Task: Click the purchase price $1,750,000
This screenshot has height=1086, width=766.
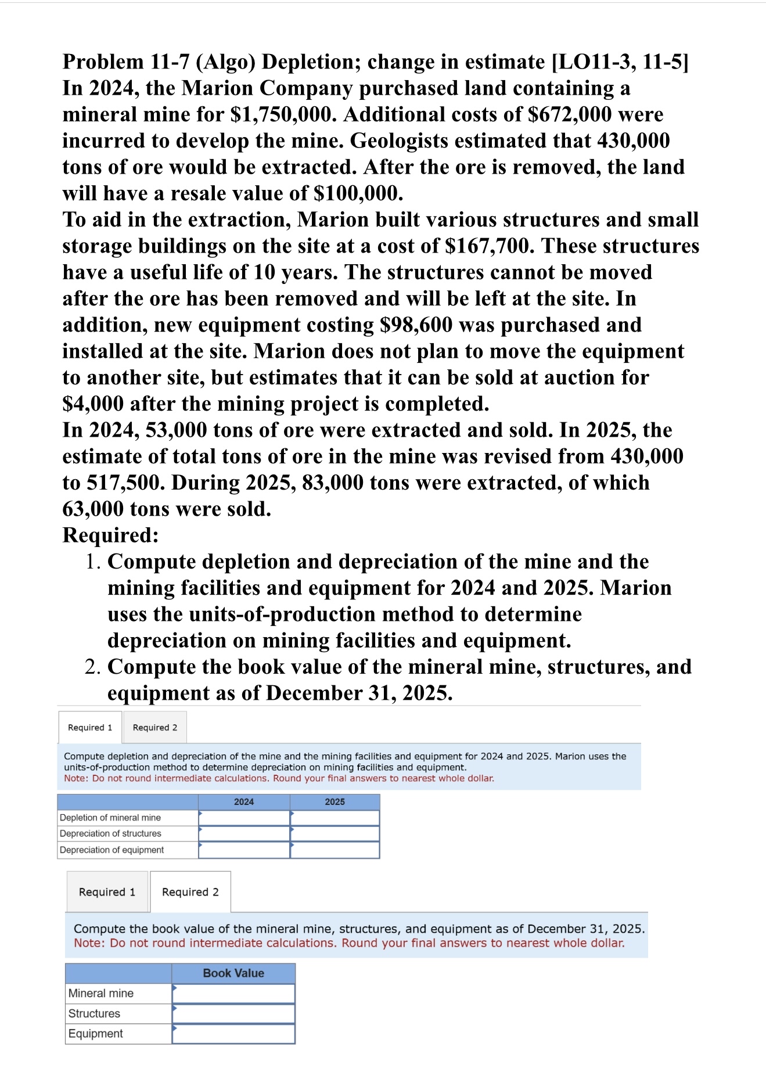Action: pos(283,115)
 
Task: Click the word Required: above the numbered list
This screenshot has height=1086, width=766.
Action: pos(110,535)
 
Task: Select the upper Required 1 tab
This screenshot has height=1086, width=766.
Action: pos(90,728)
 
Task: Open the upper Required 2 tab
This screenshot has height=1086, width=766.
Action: pos(155,728)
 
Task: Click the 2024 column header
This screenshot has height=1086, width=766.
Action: pos(244,802)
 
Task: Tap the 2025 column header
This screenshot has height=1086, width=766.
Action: pos(335,802)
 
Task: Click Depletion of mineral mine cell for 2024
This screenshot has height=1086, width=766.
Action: pos(244,818)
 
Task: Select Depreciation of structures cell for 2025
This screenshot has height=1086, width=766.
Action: pos(335,833)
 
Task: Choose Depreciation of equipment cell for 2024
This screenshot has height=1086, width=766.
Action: pos(244,850)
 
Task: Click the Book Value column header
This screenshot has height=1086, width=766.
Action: pos(233,973)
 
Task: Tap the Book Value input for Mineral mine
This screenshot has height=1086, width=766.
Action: pos(233,994)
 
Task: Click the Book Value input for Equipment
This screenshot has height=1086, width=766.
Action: pos(233,1034)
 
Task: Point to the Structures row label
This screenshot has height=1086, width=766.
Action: pos(94,1013)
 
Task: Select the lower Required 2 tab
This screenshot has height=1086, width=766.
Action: pos(190,892)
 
